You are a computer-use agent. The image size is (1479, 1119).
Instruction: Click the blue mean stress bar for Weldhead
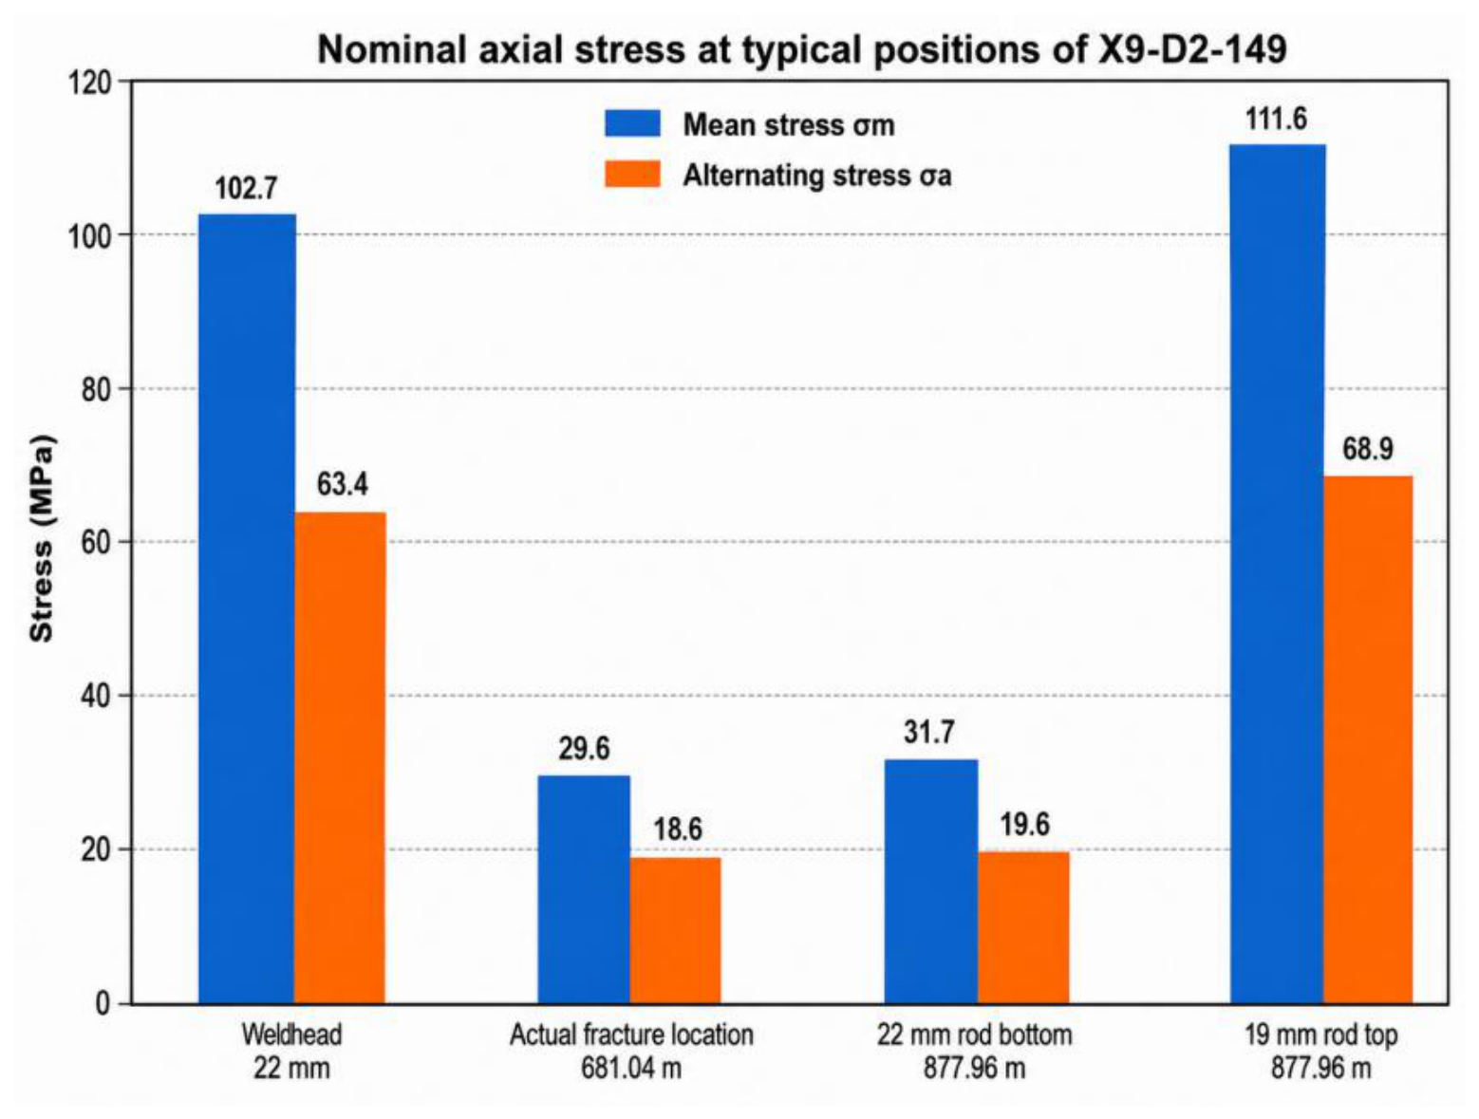247,608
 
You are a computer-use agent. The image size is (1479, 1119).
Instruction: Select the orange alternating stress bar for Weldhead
341,758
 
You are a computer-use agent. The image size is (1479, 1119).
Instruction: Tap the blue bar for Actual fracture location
584,889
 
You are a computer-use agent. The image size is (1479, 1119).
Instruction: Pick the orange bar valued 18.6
676,930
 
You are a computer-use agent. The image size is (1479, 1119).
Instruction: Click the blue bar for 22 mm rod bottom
930,881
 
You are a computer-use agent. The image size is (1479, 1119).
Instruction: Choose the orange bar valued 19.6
1023,927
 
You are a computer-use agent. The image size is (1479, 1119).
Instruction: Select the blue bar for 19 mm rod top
1278,574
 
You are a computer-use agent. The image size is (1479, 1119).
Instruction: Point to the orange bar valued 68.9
1369,739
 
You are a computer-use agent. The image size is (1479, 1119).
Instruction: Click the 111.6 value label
1276,120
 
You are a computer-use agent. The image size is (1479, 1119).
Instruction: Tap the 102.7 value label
246,189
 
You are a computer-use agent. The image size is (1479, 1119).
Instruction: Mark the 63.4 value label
343,484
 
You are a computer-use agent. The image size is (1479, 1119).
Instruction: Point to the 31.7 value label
929,733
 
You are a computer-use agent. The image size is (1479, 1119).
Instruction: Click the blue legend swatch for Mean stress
632,123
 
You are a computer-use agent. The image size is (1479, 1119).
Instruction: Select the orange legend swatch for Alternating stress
632,174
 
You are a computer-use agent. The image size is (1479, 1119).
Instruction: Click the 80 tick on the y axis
96,389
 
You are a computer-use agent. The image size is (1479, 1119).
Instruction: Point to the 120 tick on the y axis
90,83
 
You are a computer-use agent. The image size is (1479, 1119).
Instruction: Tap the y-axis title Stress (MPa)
42,539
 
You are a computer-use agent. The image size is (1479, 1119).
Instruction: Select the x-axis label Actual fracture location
631,1035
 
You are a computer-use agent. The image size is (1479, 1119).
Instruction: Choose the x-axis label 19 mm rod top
1320,1035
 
